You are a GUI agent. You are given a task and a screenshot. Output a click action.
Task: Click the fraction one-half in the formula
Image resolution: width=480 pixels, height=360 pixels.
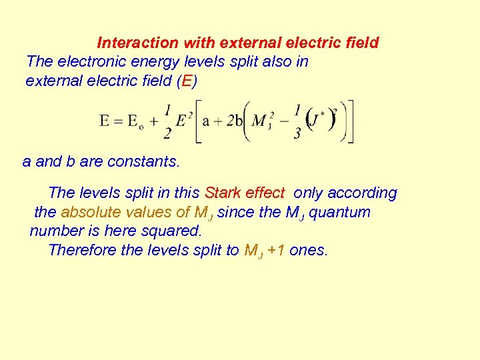coord(167,121)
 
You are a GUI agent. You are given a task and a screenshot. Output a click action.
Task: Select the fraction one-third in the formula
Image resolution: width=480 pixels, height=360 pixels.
coord(297,121)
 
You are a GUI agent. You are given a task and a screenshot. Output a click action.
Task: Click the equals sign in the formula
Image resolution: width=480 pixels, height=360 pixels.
coord(121,121)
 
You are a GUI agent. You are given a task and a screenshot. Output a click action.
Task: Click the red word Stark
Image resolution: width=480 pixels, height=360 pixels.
coord(223,193)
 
